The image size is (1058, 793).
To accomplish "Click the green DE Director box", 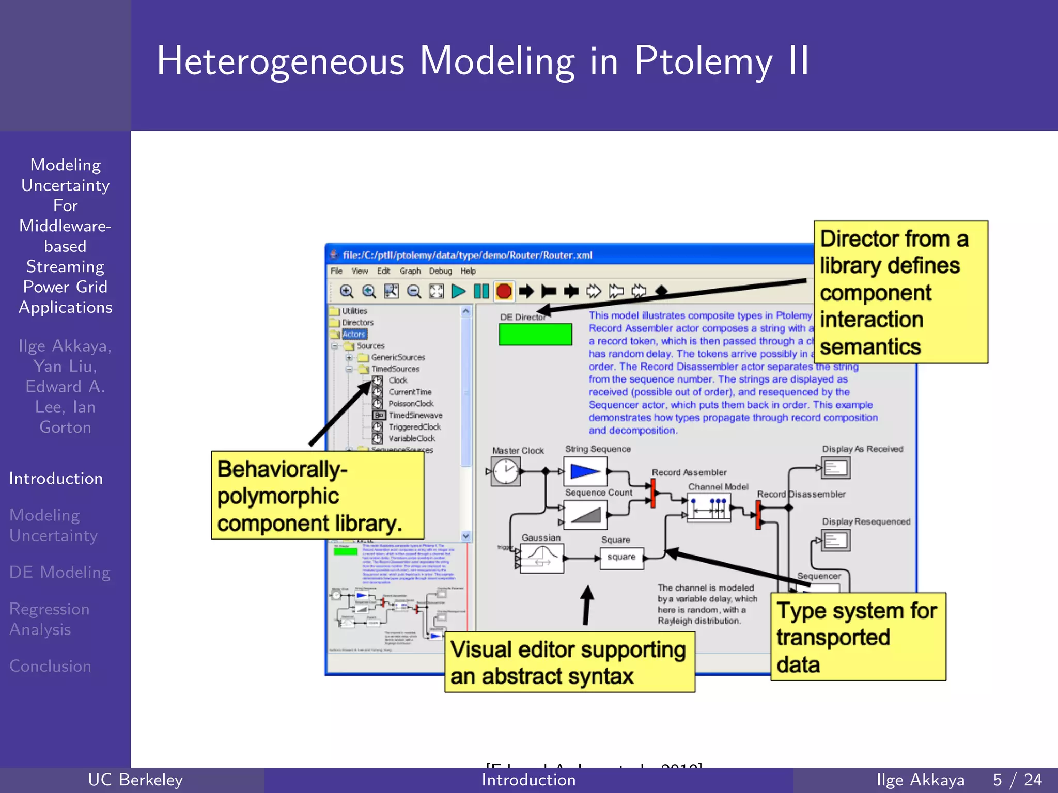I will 535,334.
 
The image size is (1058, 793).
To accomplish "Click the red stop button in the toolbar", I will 504,292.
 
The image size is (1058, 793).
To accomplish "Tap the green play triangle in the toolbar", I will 458,292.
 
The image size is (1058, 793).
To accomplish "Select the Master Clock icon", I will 505,472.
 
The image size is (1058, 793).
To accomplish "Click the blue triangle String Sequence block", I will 585,471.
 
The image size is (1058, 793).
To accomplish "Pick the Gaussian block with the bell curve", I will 541,559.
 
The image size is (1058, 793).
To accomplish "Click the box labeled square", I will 621,558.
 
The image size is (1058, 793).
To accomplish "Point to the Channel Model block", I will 708,507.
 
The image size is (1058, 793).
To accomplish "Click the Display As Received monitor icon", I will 836,468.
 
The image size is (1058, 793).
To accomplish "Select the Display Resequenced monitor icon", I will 836,541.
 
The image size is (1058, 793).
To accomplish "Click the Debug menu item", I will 440,271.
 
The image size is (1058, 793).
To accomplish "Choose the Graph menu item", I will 410,271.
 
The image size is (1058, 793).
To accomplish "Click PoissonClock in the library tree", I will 411,404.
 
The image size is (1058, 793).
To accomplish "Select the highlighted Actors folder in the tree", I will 353,334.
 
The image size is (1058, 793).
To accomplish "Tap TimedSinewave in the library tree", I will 415,415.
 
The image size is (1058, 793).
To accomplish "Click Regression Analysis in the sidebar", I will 50,619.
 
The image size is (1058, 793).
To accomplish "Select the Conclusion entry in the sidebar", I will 50,666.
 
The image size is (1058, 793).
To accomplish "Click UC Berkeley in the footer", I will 135,780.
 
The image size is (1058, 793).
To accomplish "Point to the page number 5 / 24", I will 1017,780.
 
